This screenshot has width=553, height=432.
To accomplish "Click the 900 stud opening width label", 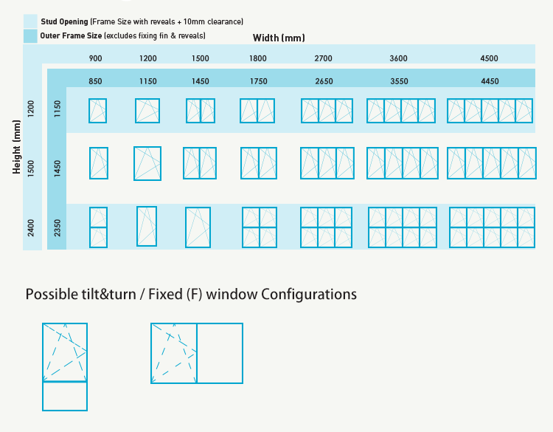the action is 95,58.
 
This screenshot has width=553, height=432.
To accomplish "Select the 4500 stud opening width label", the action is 489,58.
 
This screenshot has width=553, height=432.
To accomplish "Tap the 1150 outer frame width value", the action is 147,81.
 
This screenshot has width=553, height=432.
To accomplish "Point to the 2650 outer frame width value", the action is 324,81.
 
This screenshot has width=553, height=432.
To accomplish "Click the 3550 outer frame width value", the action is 399,81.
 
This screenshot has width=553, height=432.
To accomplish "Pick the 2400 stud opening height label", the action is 32,228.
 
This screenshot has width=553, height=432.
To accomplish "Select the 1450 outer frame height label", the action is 58,169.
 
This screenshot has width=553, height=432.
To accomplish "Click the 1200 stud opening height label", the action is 32,109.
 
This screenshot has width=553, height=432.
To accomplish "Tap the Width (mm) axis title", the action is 279,38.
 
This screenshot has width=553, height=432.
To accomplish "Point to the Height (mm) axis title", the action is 16,147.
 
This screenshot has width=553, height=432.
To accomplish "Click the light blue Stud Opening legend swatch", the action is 30,21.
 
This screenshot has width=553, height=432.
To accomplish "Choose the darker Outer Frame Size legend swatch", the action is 30,36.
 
